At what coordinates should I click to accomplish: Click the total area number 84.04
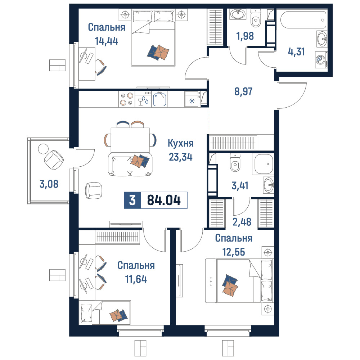[164, 200]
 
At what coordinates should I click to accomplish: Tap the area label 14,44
[107, 41]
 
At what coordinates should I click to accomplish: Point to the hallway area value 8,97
[243, 91]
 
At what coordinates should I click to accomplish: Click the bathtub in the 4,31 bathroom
[301, 19]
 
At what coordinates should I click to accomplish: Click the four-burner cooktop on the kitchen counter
[126, 99]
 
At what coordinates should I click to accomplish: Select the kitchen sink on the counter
[159, 99]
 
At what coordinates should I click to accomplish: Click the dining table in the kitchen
[130, 140]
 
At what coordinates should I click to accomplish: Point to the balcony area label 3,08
[49, 184]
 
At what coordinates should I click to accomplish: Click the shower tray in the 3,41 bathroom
[263, 164]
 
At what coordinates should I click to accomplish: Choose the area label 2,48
[242, 222]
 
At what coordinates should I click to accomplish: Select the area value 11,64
[136, 279]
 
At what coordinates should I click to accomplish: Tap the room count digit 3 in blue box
[132, 200]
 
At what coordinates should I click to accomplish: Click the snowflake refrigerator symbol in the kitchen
[192, 101]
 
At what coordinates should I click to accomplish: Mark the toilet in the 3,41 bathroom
[235, 163]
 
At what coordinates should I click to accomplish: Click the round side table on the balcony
[43, 149]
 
